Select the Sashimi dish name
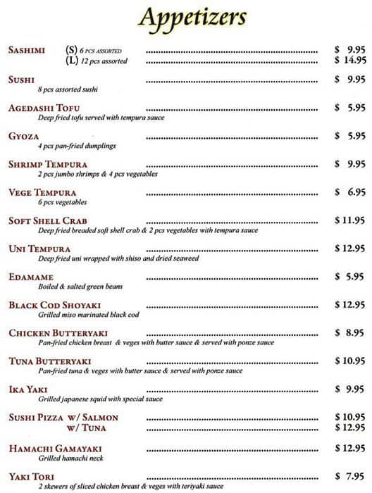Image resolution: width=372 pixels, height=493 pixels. click(27, 50)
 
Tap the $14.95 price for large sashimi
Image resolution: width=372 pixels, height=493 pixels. click(349, 61)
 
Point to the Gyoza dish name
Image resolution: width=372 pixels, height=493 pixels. click(24, 136)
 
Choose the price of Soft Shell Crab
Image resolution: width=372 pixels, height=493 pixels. click(349, 220)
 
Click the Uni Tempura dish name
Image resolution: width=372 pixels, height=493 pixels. click(39, 249)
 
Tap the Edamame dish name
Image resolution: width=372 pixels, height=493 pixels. click(31, 277)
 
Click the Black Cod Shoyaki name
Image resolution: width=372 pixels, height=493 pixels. click(55, 305)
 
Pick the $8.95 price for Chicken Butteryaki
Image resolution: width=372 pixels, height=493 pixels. click(349, 332)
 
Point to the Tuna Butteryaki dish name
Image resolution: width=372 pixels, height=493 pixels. click(50, 361)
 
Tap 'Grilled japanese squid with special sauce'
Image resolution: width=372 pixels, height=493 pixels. click(101, 399)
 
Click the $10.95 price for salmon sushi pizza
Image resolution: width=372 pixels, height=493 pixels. click(349, 418)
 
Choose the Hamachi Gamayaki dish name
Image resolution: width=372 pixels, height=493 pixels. click(56, 449)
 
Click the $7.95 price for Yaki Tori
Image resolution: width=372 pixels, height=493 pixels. click(349, 476)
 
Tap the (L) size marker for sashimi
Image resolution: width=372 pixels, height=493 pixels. click(71, 61)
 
